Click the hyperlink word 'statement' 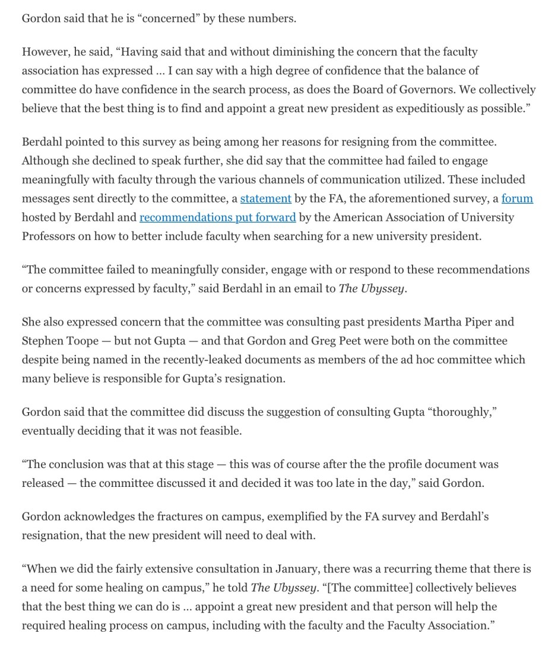(x=265, y=198)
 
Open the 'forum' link (x=517, y=198)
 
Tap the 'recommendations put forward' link (x=217, y=217)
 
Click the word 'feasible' (x=218, y=431)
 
